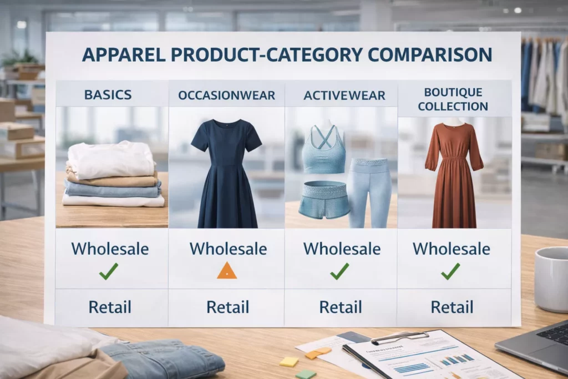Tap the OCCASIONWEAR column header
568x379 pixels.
226,95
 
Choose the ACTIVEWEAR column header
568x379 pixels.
341,95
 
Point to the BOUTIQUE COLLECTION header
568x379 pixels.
453,99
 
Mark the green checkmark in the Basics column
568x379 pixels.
109,271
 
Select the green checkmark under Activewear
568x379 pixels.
339,271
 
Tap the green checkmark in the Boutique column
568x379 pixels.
450,271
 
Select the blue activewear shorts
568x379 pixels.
324,199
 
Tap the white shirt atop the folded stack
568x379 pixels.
111,158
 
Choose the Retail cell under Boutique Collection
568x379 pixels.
452,307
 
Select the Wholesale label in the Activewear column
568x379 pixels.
342,248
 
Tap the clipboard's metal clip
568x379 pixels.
399,336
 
